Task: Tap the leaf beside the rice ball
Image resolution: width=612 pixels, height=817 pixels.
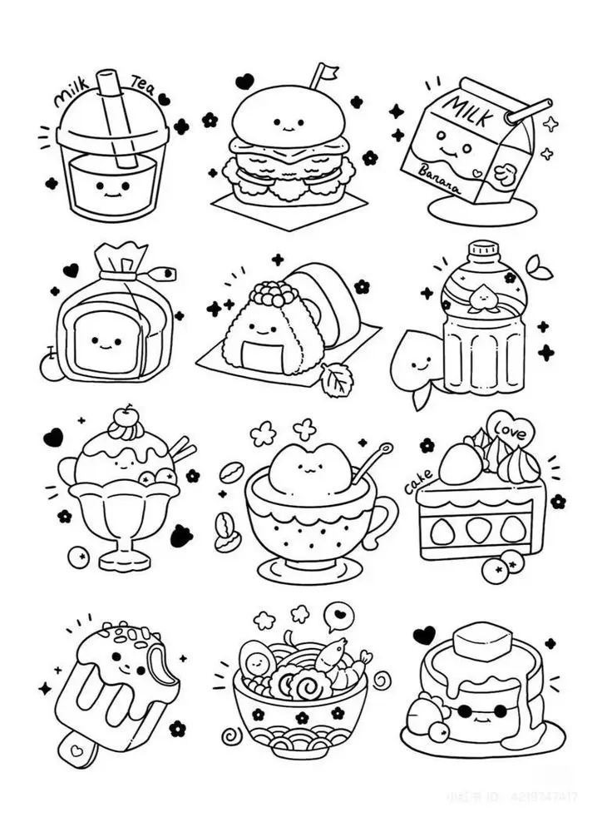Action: point(337,379)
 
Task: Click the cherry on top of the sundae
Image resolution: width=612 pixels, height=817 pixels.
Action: point(125,413)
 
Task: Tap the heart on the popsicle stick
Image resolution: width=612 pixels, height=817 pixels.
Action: point(77,750)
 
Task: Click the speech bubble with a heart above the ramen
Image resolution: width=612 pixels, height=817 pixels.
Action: point(338,616)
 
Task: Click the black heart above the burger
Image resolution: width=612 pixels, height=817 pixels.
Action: point(244,81)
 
